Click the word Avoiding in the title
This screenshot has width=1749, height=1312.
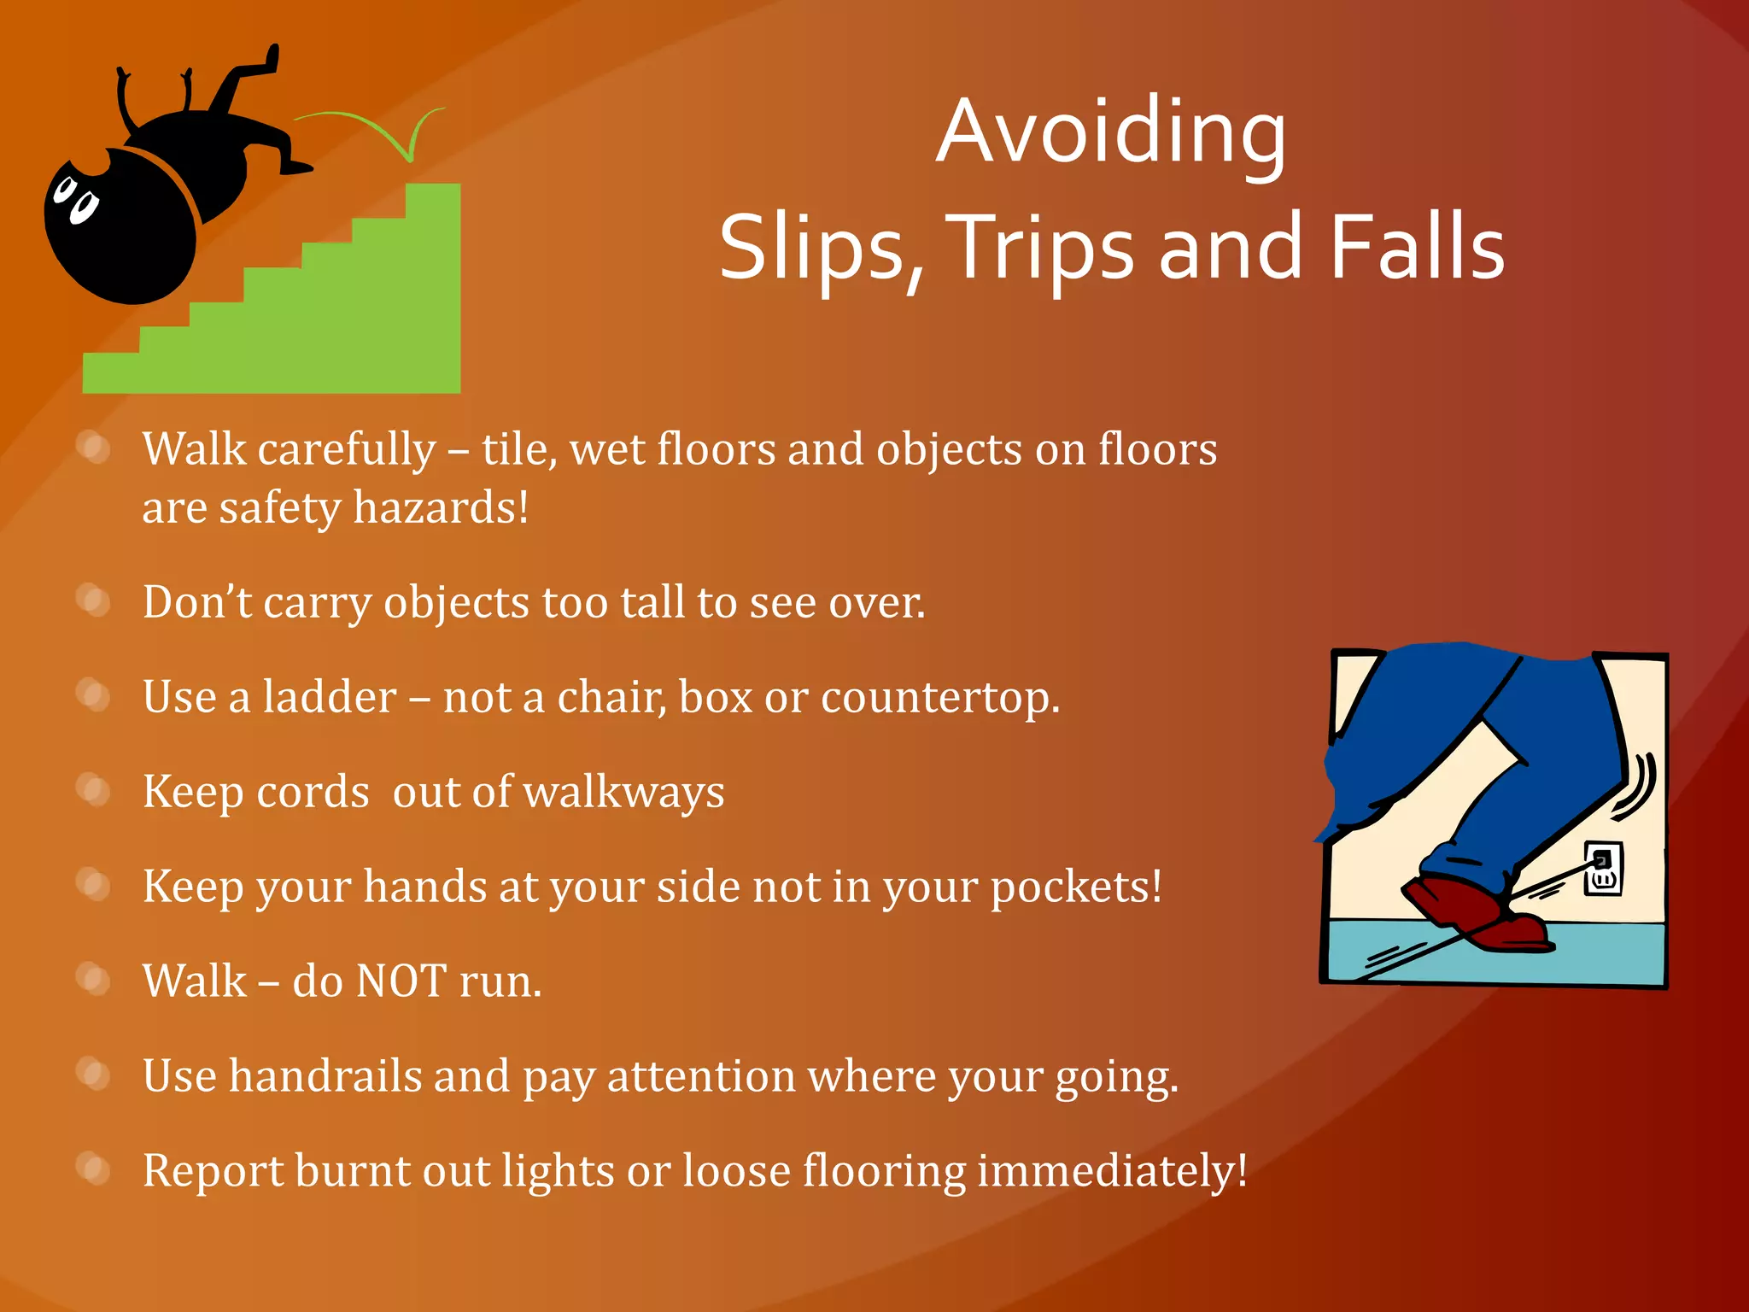coord(1110,132)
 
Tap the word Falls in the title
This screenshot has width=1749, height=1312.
coord(1418,248)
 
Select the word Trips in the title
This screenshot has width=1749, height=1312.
coord(1042,248)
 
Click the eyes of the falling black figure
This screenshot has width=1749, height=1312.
coord(75,198)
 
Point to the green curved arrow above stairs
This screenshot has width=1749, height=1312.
coord(376,128)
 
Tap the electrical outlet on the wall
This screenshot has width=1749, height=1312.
coord(1602,869)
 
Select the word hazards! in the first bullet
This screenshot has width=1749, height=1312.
coord(441,507)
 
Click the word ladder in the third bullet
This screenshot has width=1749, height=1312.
coord(330,697)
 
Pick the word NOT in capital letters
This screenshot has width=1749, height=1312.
coord(401,981)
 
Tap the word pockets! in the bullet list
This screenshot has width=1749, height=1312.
coord(1076,887)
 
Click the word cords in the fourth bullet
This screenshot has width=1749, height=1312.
coord(313,792)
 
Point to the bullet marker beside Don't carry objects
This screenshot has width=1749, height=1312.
coord(93,600)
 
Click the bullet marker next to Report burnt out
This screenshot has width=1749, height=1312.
coord(93,1168)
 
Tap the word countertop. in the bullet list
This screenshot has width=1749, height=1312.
coord(939,697)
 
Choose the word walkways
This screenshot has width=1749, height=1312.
coord(623,792)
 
